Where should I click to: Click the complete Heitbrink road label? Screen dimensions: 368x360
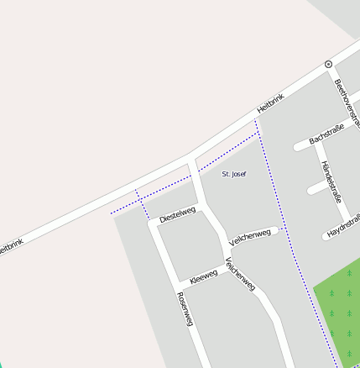(x=270, y=103)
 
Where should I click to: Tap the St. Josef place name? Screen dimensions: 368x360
(x=234, y=173)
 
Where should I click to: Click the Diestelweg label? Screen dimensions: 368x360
(x=177, y=214)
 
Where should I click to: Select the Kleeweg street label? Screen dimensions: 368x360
(x=203, y=275)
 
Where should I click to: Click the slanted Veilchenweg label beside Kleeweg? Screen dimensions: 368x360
(x=241, y=274)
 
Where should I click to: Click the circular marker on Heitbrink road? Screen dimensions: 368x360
(x=328, y=64)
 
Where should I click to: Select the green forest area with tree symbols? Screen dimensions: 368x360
(x=340, y=311)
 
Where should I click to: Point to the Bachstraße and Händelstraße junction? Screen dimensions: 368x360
(x=317, y=140)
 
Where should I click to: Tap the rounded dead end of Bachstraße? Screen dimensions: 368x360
(x=298, y=148)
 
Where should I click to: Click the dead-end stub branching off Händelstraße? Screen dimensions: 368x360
(x=311, y=190)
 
